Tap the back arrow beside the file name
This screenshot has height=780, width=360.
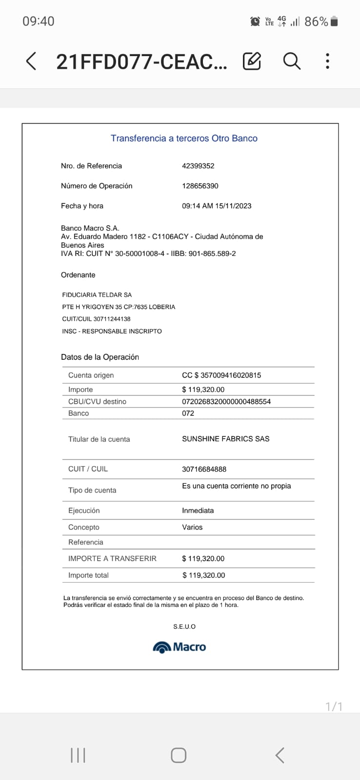31,61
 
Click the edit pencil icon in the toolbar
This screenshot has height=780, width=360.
252,61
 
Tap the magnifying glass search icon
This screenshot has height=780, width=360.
292,61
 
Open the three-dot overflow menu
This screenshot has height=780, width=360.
327,61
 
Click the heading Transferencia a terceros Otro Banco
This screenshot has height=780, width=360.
184,138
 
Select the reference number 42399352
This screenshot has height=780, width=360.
198,166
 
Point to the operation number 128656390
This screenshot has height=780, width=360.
200,186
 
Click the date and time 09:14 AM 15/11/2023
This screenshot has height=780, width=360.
217,206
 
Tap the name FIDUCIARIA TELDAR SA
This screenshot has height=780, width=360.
97,295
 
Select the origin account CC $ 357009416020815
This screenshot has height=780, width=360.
221,375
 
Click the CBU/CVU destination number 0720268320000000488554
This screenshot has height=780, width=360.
226,402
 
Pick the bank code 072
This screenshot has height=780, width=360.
188,413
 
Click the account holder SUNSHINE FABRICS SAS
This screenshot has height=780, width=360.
225,439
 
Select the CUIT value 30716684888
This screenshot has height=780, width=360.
204,469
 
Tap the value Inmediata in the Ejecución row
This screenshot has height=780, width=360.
198,510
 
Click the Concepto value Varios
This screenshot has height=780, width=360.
192,527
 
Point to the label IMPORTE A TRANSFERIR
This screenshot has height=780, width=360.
112,559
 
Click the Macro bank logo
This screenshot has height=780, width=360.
180,647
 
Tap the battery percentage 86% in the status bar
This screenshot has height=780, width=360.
316,21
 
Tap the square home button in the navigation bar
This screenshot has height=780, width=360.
179,755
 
